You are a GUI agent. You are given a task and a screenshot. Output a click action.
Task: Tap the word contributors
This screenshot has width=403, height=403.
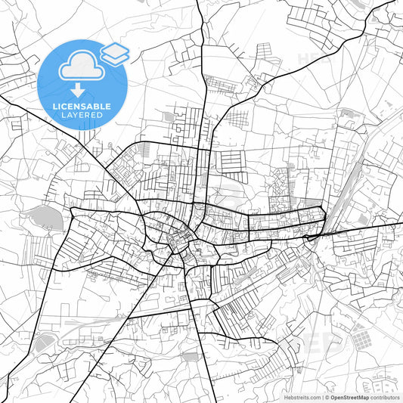pyautogui.click(x=386, y=397)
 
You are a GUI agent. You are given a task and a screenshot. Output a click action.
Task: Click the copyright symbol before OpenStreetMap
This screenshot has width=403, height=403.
pyautogui.click(x=327, y=397)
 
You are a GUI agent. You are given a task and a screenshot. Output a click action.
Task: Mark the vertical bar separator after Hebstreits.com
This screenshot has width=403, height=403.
pyautogui.click(x=321, y=397)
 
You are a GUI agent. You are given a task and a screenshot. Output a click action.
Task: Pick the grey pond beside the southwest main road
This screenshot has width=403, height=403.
pyautogui.click(x=42, y=342)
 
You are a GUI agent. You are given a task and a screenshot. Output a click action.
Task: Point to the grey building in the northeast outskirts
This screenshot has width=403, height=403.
pyautogui.click(x=349, y=117)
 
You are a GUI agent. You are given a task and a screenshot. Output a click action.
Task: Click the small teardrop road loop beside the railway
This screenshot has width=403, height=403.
pyautogui.click(x=309, y=237)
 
